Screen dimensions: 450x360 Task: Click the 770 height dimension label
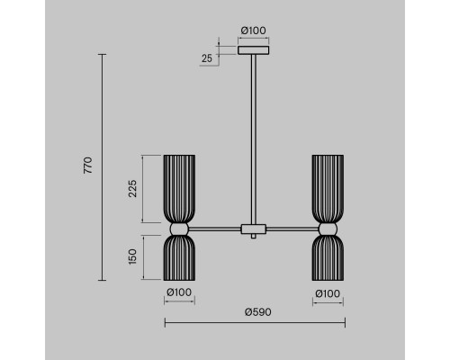[x=88, y=166]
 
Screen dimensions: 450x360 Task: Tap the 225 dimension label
[x=132, y=188]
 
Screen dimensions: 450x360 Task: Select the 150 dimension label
[x=132, y=256]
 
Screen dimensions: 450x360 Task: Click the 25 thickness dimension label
[x=207, y=58]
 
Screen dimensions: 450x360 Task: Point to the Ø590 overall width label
[x=258, y=312]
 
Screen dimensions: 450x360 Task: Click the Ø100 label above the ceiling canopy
[x=254, y=31]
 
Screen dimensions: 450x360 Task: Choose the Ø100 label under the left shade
[x=179, y=292]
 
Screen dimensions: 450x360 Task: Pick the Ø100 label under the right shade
[x=328, y=293]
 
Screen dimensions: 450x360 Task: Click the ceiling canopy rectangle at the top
[x=254, y=50]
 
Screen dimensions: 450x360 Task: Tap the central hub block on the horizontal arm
[x=254, y=229]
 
